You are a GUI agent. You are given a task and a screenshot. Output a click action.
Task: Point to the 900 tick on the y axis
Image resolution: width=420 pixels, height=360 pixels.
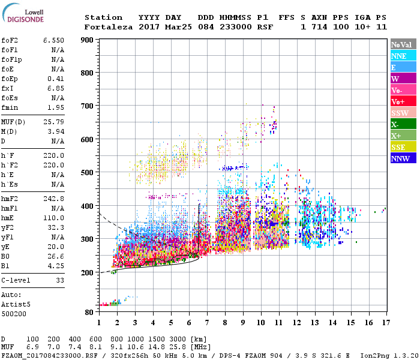[88, 40]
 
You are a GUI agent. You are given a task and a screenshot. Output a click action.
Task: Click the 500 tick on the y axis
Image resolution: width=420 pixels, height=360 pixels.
[88, 172]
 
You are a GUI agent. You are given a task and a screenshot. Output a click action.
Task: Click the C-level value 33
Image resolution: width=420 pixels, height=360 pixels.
[59, 280]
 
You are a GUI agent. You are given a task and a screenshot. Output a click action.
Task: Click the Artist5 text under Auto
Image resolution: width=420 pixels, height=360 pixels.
[15, 304]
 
